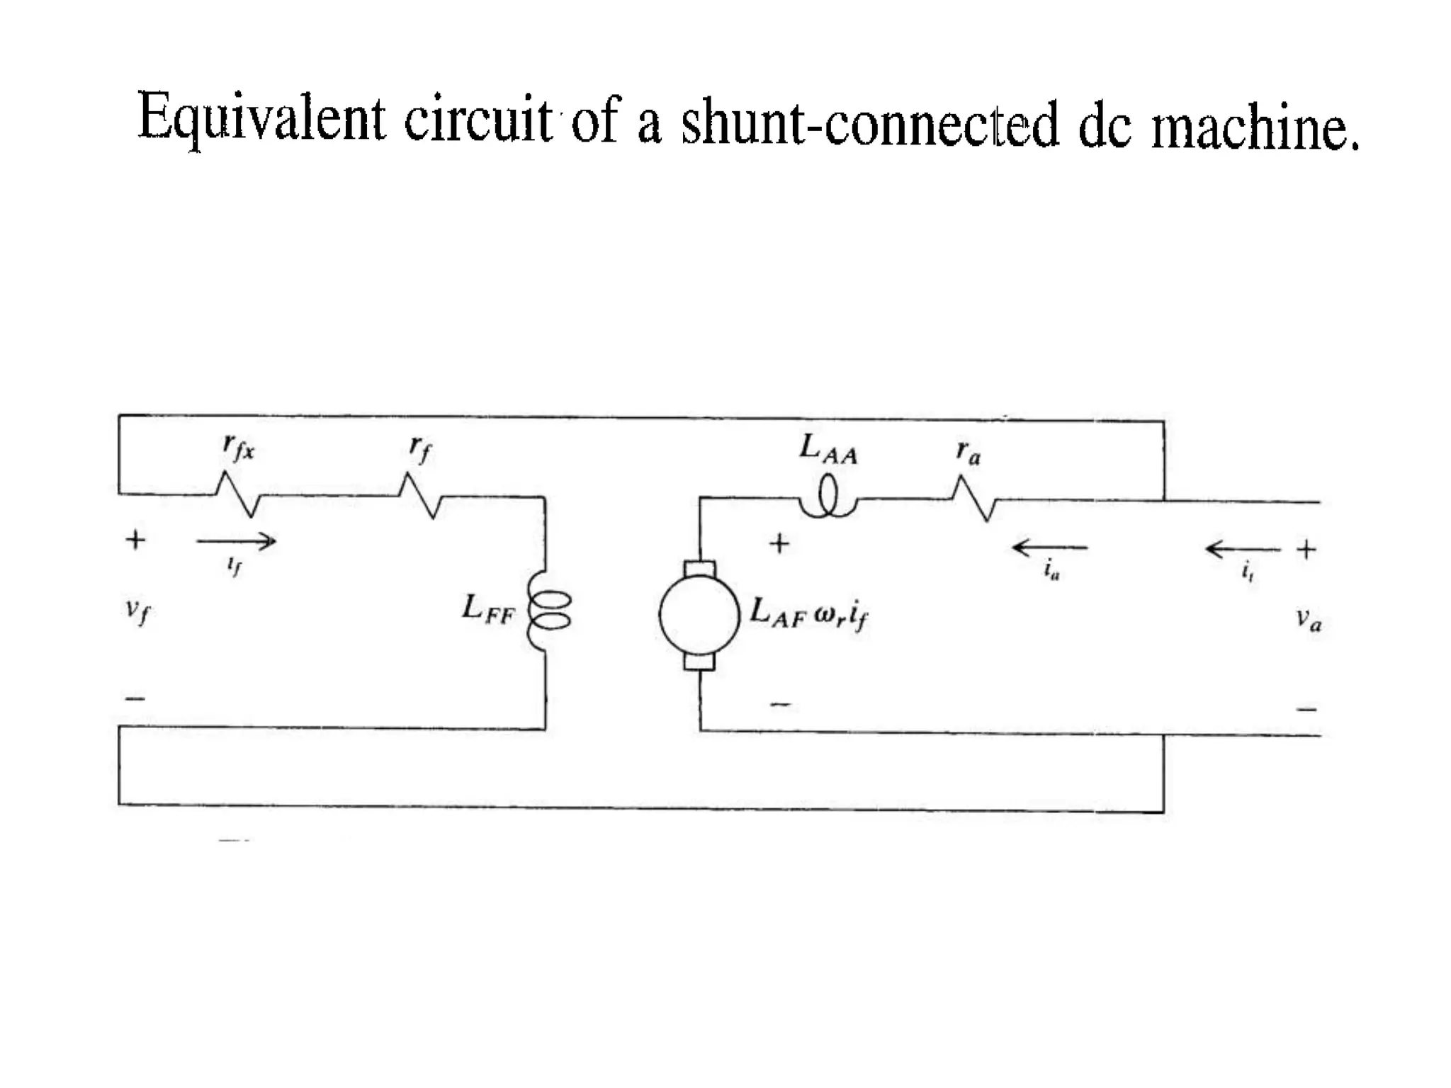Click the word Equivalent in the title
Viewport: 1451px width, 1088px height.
(x=261, y=118)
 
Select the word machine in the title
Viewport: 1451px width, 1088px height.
(x=1255, y=127)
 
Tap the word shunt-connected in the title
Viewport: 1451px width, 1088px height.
(x=870, y=123)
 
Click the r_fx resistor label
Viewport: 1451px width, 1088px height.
(x=238, y=447)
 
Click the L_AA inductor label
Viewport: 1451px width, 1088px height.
(x=828, y=449)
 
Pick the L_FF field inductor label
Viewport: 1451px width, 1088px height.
(x=487, y=609)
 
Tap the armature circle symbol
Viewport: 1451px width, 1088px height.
(x=699, y=615)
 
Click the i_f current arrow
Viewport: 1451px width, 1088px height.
(x=236, y=543)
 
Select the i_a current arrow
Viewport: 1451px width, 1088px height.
(x=1050, y=548)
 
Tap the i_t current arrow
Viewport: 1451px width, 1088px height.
(x=1243, y=549)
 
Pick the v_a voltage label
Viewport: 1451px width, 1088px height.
(x=1309, y=620)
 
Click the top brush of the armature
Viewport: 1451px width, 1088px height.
(x=700, y=568)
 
